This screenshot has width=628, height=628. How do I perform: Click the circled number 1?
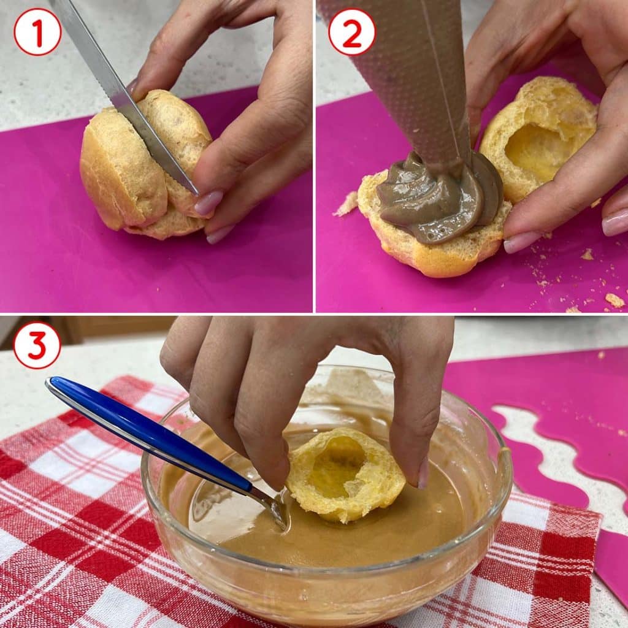(37, 32)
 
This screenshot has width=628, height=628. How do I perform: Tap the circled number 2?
(351, 32)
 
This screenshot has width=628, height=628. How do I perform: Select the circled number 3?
(37, 345)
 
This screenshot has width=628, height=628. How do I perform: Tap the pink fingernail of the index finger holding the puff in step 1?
(209, 202)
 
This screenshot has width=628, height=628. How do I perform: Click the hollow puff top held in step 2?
(538, 138)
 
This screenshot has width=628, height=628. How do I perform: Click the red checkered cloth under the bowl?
(80, 521)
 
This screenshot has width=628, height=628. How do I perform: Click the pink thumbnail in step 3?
(423, 474)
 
